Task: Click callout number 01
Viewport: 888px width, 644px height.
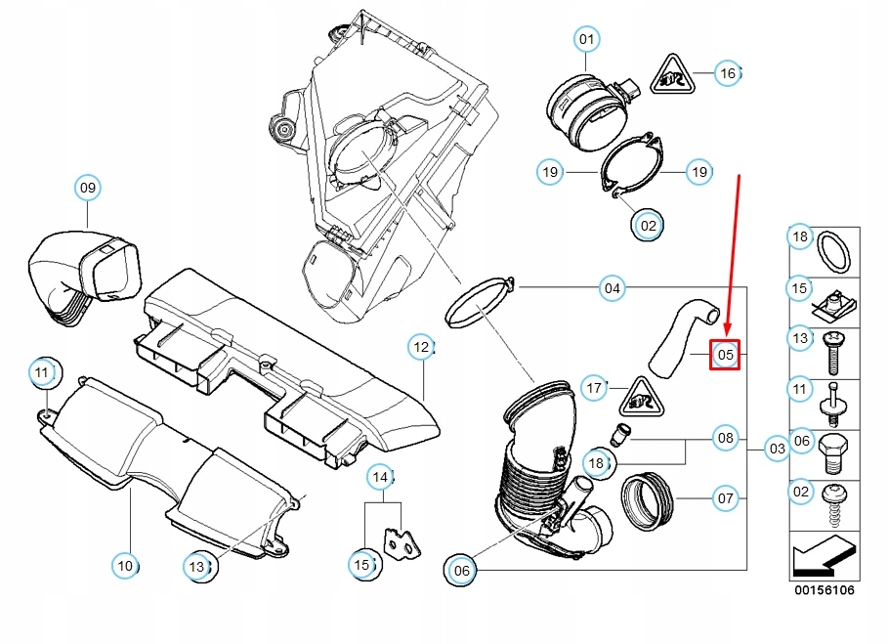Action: pyautogui.click(x=585, y=40)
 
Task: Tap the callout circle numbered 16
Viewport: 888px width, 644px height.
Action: pyautogui.click(x=726, y=73)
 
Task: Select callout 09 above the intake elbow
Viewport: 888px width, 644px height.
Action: pyautogui.click(x=88, y=188)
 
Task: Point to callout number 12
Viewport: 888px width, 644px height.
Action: pyautogui.click(x=420, y=346)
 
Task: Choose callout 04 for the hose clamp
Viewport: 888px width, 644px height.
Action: pyautogui.click(x=612, y=288)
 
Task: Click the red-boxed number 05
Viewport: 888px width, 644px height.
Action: pyautogui.click(x=725, y=355)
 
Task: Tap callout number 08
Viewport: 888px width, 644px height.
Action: pyautogui.click(x=725, y=437)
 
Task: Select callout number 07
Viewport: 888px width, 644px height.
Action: pyautogui.click(x=725, y=498)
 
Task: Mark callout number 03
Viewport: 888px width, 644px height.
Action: pyautogui.click(x=777, y=450)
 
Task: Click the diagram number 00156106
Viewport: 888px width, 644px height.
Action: pyautogui.click(x=823, y=590)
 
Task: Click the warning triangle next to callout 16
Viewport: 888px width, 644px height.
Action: pyautogui.click(x=674, y=73)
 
